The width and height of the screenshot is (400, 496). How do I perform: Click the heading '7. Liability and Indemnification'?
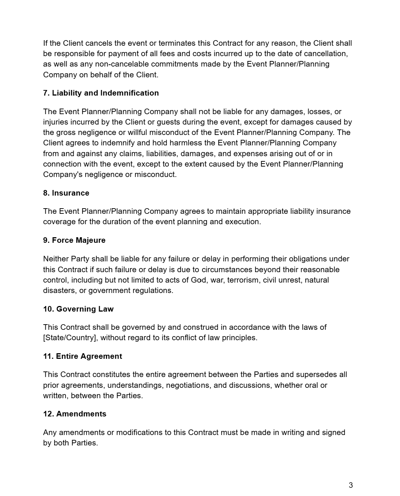pyautogui.click(x=101, y=93)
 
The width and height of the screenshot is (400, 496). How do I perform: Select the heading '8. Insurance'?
pyautogui.click(x=66, y=193)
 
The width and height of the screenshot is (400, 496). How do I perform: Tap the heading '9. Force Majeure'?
pyautogui.click(x=74, y=240)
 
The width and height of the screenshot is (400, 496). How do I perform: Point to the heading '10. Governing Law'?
pyautogui.click(x=78, y=309)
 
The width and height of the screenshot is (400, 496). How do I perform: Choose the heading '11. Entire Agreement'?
pyautogui.click(x=83, y=356)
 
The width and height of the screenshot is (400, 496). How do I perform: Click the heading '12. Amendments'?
pyautogui.click(x=75, y=414)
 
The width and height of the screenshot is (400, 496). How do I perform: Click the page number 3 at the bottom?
pyautogui.click(x=351, y=485)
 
